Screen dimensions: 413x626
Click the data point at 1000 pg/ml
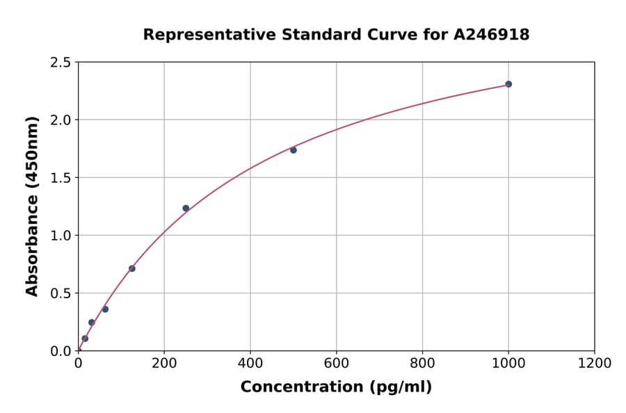tap(508, 84)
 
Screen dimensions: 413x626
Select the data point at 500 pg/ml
tap(294, 150)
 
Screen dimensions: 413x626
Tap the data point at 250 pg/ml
tap(186, 208)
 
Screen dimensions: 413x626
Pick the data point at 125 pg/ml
tap(132, 268)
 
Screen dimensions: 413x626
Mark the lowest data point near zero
tap(85, 339)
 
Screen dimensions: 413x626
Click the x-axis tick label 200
tap(164, 363)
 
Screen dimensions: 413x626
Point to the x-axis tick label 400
tap(250, 363)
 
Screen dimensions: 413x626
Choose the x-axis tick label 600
tap(336, 363)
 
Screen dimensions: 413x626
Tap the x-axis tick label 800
tap(422, 363)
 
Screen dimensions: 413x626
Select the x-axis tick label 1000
tap(508, 363)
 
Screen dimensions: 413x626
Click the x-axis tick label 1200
tap(595, 363)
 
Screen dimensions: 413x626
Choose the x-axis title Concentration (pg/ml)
tap(336, 387)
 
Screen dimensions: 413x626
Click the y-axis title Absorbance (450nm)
tap(32, 206)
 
